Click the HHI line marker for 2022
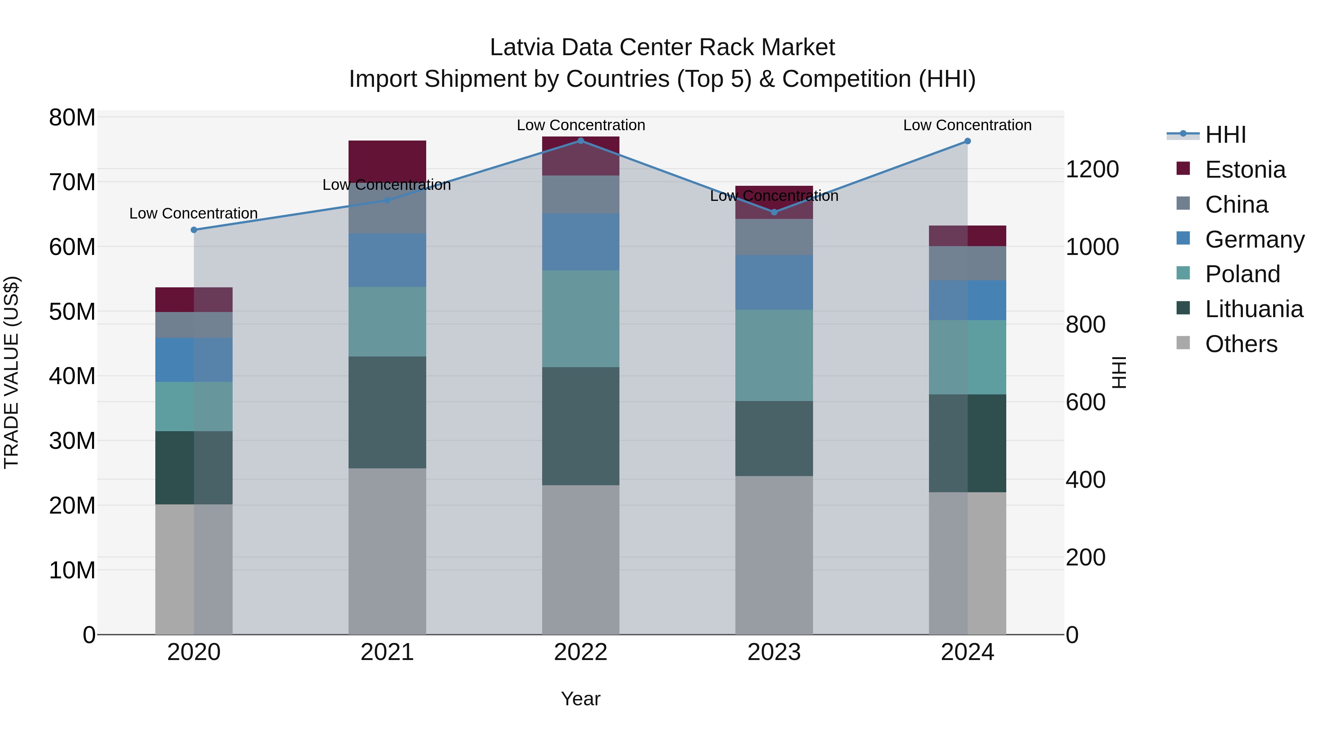[581, 141]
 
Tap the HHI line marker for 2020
[194, 230]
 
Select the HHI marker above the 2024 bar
[968, 141]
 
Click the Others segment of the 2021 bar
[387, 551]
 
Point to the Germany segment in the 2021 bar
[387, 260]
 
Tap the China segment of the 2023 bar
[774, 237]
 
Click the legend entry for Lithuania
[1254, 309]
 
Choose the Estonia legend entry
[1245, 170]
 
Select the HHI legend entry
[1225, 135]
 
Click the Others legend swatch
[1183, 343]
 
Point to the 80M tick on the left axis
[72, 118]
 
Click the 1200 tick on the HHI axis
[1092, 169]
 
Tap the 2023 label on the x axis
[774, 652]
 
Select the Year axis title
[581, 699]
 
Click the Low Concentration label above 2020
[193, 213]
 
